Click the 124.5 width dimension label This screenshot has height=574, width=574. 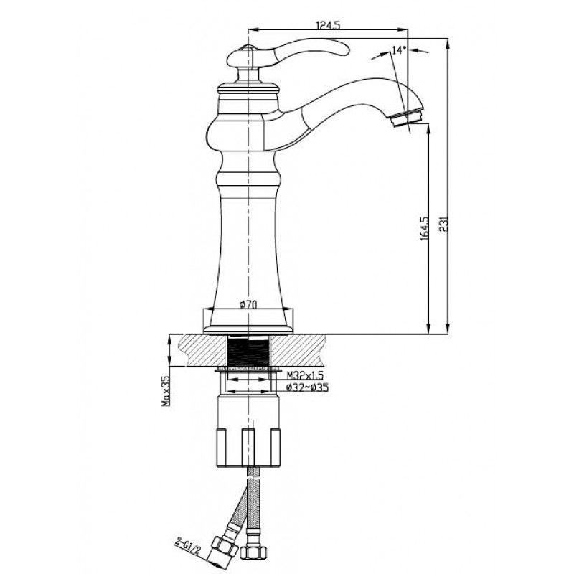328,25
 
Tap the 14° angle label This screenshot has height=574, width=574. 399,50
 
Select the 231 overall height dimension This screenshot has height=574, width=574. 444,225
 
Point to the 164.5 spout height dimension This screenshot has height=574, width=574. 425,228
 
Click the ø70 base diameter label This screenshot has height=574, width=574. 248,304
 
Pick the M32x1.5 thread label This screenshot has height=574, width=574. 305,375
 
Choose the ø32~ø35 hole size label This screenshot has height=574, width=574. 307,387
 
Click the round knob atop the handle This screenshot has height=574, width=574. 248,48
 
